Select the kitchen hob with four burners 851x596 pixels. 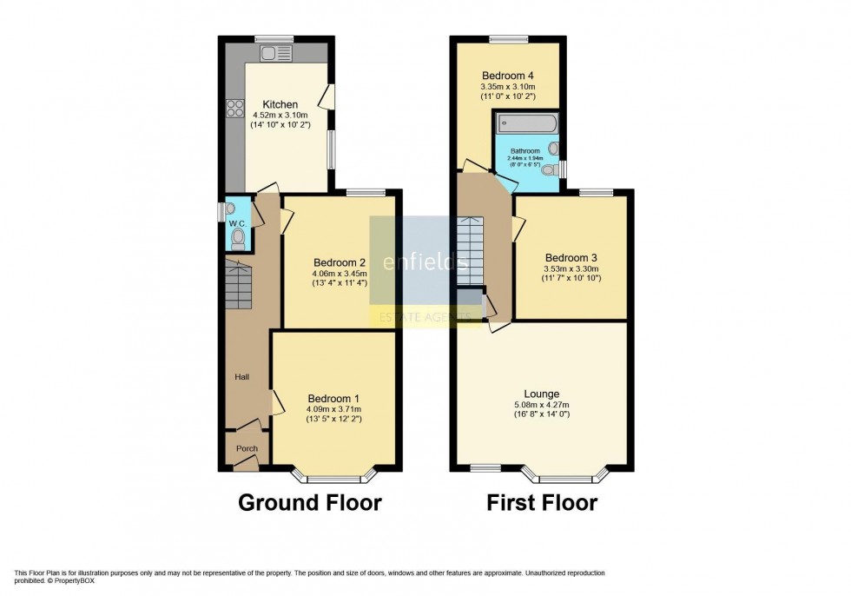point(235,109)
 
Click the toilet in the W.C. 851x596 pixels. point(238,237)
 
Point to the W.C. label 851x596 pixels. point(238,223)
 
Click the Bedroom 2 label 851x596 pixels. point(339,263)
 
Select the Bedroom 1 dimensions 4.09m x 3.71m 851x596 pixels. point(333,409)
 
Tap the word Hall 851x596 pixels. point(242,377)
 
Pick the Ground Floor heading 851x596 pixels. point(309,502)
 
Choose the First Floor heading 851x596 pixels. point(541,502)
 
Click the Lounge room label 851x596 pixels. point(541,394)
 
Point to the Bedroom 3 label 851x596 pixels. point(571,257)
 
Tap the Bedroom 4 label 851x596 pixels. point(507,76)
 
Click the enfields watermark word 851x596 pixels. point(425,261)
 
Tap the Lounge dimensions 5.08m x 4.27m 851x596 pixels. point(541,404)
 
